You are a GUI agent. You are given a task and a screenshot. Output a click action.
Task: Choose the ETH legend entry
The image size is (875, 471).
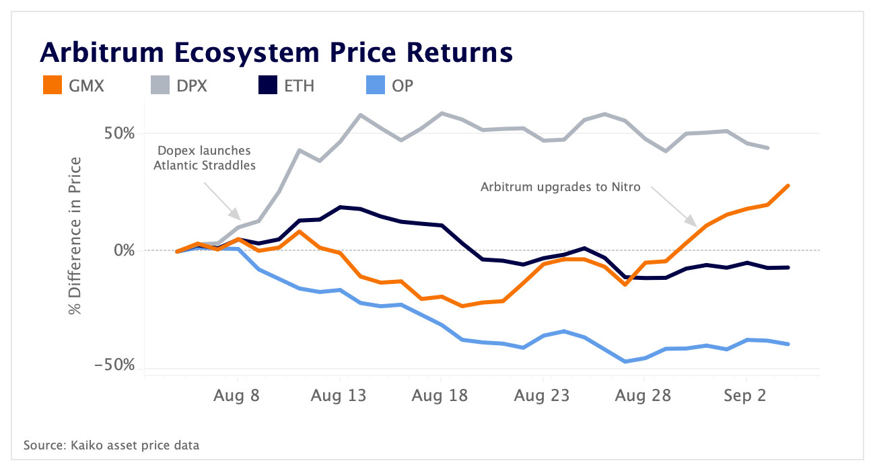pyautogui.click(x=299, y=85)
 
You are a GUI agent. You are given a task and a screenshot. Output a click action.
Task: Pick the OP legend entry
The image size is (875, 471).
pyautogui.click(x=403, y=85)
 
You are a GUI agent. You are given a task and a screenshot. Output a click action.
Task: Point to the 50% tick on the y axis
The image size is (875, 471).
pyautogui.click(x=119, y=133)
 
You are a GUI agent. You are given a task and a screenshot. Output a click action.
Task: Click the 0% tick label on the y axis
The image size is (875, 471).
pyautogui.click(x=125, y=250)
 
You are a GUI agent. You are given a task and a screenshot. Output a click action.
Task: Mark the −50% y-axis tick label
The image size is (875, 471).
pyautogui.click(x=116, y=365)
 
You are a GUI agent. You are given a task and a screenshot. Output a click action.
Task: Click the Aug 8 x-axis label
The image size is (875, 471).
pyautogui.click(x=237, y=396)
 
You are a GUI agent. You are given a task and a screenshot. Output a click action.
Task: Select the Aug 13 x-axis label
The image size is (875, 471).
pyautogui.click(x=339, y=396)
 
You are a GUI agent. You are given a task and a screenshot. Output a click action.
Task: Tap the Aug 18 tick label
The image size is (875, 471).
pyautogui.click(x=440, y=396)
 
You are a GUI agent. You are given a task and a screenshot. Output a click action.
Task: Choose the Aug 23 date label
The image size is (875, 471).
pyautogui.click(x=542, y=396)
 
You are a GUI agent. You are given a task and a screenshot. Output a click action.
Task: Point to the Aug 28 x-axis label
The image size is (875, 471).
pyautogui.click(x=643, y=396)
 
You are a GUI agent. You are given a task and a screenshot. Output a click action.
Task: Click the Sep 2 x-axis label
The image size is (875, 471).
pyautogui.click(x=745, y=396)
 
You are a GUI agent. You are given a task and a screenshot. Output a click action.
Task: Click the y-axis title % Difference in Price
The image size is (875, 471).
pyautogui.click(x=75, y=235)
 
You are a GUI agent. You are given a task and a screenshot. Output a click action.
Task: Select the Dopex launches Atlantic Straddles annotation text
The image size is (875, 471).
pyautogui.click(x=204, y=157)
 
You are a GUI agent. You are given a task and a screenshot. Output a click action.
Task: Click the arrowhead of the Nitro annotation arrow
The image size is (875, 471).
pyautogui.click(x=695, y=224)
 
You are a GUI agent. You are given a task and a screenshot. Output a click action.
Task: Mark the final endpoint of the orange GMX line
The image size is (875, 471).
pyautogui.click(x=788, y=186)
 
